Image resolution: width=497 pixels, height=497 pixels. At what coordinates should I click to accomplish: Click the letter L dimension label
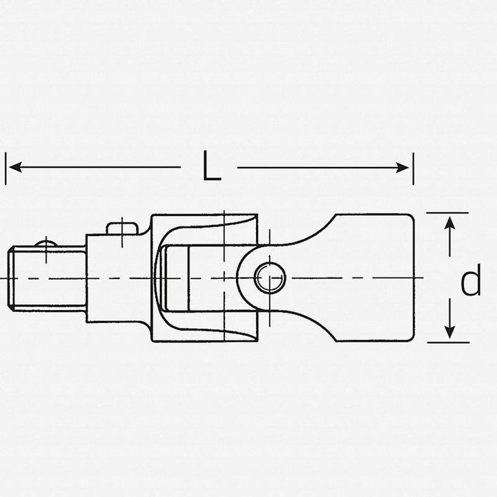point(211,167)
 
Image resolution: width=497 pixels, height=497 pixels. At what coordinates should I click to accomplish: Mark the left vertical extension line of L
point(6,168)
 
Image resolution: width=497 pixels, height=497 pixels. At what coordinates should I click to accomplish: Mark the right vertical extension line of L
point(413,168)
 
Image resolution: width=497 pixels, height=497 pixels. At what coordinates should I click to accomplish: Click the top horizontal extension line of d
point(447,213)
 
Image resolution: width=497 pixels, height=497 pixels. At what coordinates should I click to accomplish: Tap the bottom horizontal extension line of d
point(447,342)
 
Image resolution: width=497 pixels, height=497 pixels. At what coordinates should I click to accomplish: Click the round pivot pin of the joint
point(269,277)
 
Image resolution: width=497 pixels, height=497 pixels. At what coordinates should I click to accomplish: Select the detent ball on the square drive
point(46,242)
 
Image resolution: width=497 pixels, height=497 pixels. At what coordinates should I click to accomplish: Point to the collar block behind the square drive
point(117,277)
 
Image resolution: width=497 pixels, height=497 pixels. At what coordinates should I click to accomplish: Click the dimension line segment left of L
point(97,167)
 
